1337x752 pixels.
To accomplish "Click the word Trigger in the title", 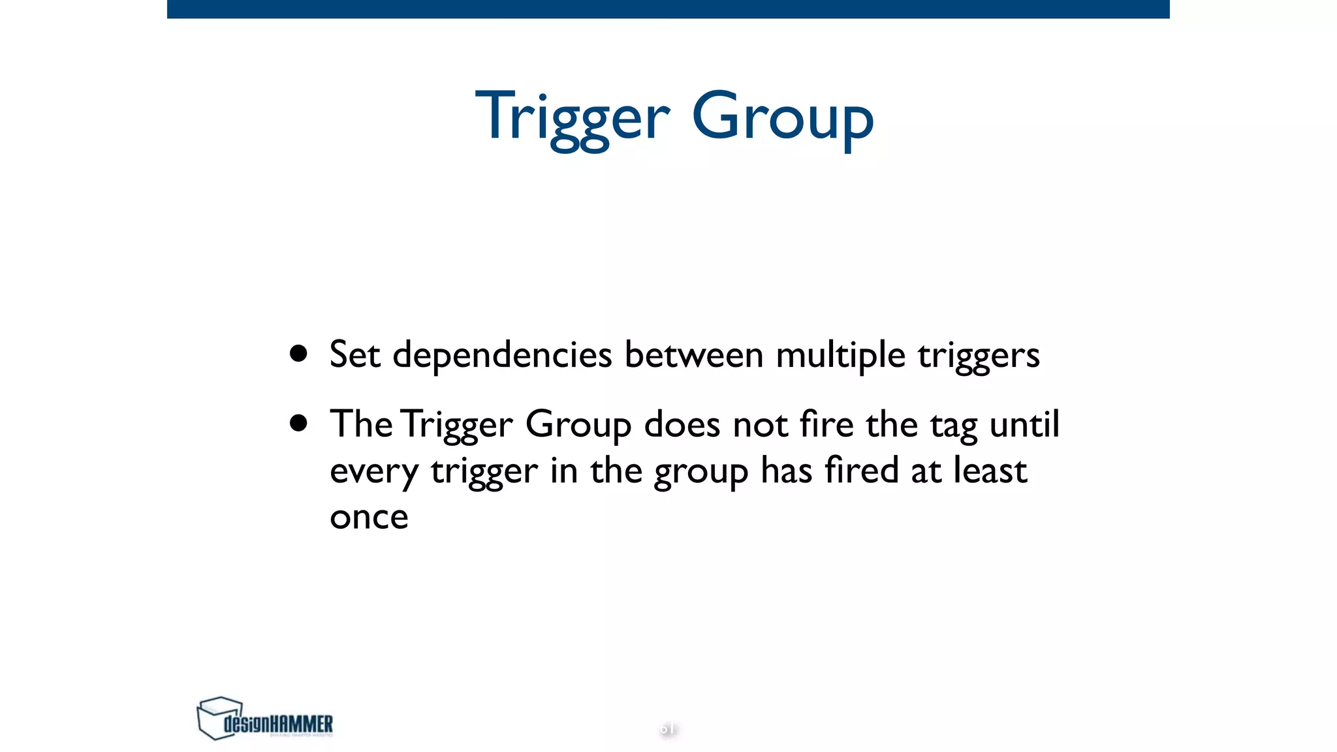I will [x=573, y=117].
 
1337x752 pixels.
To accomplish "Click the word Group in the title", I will [x=782, y=117].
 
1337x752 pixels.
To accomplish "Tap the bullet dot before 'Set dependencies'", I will [x=298, y=354].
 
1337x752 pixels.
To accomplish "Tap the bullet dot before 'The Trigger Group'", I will [x=298, y=423].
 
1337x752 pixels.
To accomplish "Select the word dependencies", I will [x=502, y=355].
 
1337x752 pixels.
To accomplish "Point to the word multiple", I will [x=840, y=355].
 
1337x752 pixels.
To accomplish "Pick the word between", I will [x=693, y=355].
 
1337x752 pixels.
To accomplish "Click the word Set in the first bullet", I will [x=354, y=355].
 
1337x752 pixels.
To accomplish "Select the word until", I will [x=1024, y=424].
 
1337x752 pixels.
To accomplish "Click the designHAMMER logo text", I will [x=278, y=724].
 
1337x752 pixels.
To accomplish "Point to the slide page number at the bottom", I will [x=667, y=728].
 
